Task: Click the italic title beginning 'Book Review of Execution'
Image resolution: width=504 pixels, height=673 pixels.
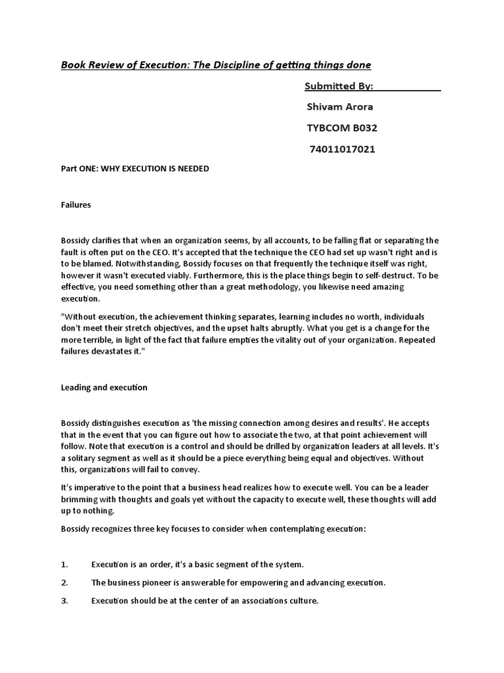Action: point(216,64)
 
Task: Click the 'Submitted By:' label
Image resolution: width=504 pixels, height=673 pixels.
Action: point(339,86)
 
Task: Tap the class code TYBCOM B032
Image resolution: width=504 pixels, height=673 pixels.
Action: point(342,128)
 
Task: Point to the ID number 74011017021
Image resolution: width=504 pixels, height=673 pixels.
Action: point(343,149)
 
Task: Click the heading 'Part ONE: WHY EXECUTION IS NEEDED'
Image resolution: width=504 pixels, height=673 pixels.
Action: point(135,169)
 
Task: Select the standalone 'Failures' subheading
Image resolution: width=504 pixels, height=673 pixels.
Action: point(75,205)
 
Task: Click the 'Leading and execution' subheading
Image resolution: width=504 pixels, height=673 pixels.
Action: point(104,388)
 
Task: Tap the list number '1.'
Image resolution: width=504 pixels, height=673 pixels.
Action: point(64,565)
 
